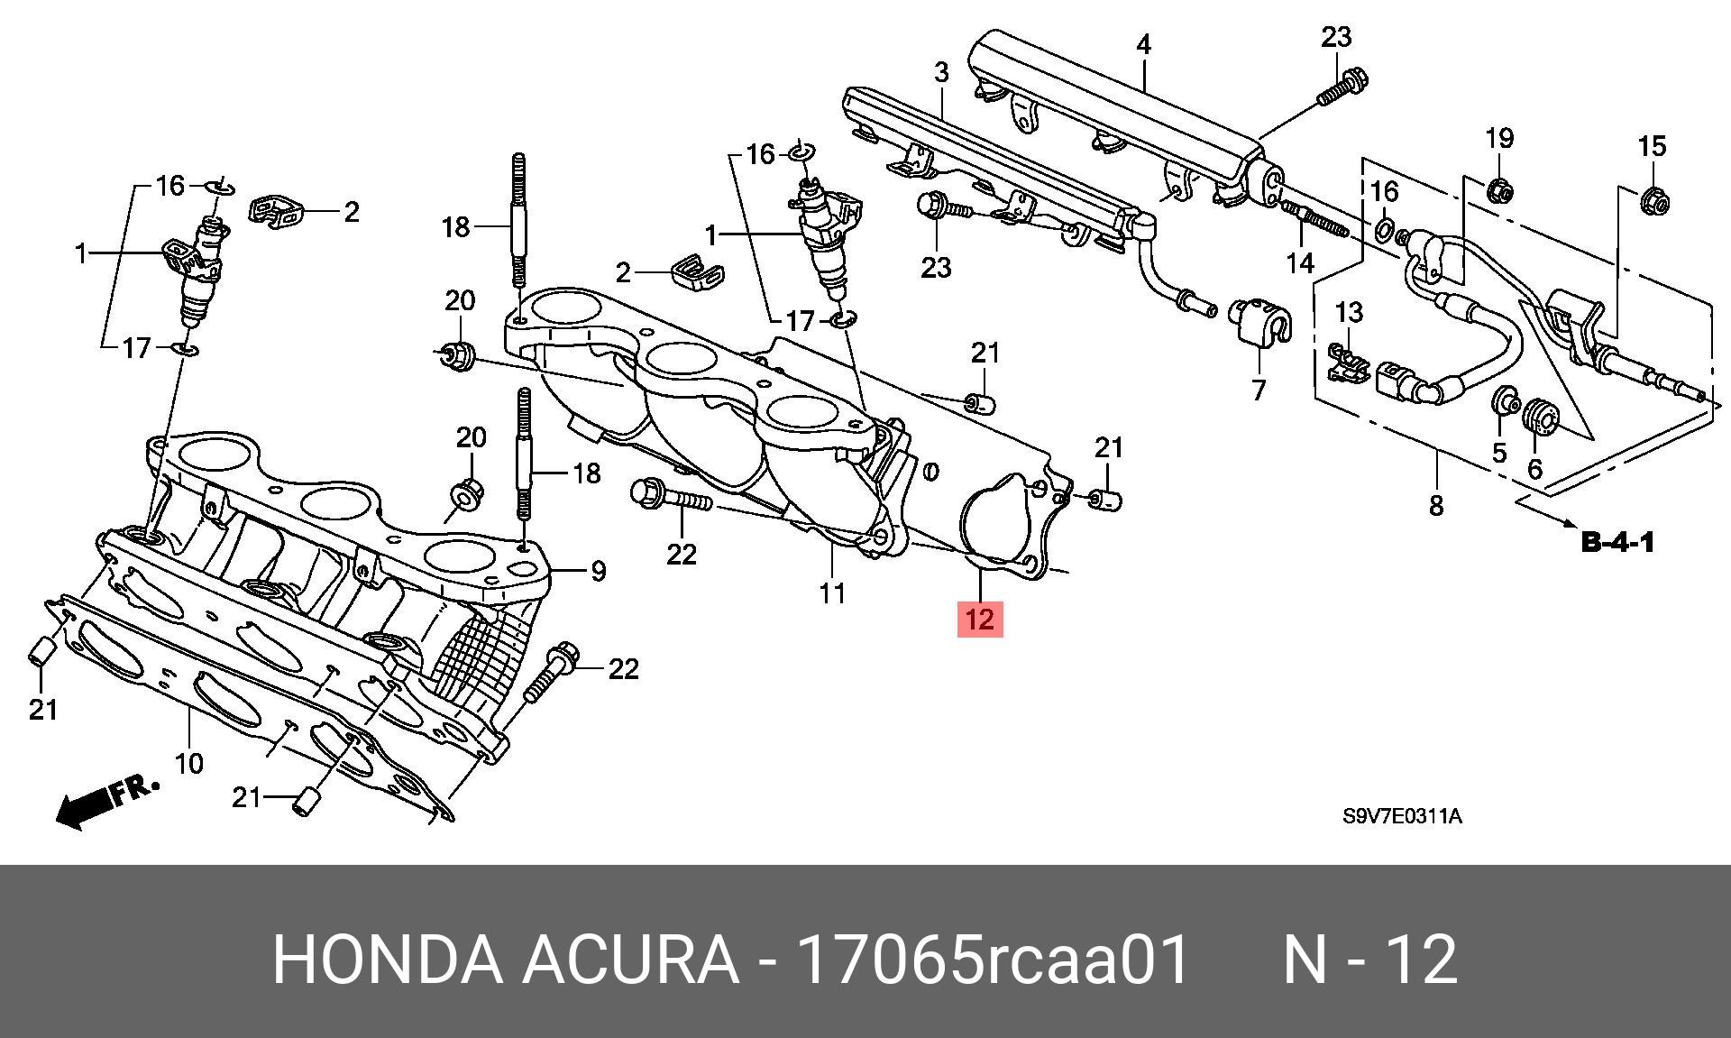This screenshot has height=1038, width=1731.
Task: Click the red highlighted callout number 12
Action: click(979, 620)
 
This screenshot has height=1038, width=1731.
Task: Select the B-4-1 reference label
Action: click(1617, 543)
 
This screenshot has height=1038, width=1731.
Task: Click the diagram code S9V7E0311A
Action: click(1402, 817)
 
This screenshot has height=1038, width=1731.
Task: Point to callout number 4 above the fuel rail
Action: click(1143, 44)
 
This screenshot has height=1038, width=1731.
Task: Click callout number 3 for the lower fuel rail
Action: click(941, 72)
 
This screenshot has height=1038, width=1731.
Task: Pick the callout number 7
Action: click(1259, 390)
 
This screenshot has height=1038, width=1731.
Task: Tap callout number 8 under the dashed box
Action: click(1436, 505)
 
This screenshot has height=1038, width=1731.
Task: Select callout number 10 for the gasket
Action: click(188, 764)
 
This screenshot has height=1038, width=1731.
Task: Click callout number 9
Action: click(598, 571)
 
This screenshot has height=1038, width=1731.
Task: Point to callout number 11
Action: click(831, 592)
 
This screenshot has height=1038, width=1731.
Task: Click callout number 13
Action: click(1349, 313)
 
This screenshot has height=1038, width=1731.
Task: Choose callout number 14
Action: click(1300, 262)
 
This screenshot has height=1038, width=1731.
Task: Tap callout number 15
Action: click(1652, 146)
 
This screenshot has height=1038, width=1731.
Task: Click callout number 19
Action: click(1498, 138)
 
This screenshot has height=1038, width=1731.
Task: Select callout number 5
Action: click(1499, 452)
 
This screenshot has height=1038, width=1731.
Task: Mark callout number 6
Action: click(1534, 468)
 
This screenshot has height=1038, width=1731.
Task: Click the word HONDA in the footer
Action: click(387, 960)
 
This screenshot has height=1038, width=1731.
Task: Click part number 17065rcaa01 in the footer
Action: click(994, 960)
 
